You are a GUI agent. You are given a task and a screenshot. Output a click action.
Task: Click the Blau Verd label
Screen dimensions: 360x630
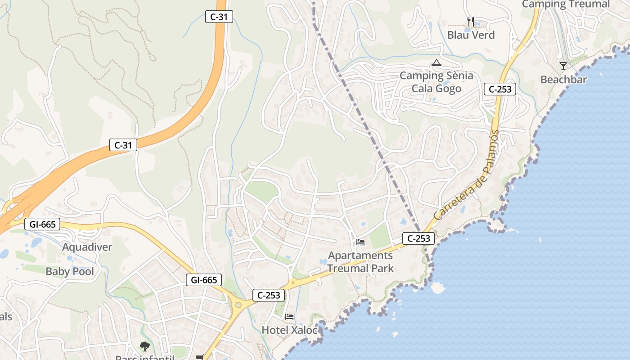pos(471,35)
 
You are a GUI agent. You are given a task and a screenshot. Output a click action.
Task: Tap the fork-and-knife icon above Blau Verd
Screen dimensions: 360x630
pos(471,21)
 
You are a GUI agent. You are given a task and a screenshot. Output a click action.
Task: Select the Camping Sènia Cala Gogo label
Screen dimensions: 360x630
pos(436,82)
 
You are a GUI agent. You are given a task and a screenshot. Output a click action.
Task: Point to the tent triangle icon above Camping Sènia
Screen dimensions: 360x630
pos(436,63)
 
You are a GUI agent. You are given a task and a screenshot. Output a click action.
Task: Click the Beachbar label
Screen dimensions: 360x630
pos(563,80)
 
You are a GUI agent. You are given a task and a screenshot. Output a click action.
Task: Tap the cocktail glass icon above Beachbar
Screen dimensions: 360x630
pos(563,66)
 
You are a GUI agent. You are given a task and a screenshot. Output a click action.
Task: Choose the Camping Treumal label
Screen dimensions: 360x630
pos(566,4)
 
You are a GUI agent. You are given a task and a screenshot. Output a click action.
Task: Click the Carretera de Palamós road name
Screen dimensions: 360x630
pos(468,175)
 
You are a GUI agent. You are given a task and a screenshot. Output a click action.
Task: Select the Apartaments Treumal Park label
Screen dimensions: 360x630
pos(360,262)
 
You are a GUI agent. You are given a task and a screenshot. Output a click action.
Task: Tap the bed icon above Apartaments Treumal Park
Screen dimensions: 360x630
pos(360,242)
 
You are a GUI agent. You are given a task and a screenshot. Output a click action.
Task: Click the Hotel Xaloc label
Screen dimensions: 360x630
pos(289,330)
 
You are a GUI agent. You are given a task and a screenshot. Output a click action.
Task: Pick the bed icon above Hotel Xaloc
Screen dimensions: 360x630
pos(289,317)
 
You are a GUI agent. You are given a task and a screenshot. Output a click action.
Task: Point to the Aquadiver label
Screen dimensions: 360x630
pos(87,247)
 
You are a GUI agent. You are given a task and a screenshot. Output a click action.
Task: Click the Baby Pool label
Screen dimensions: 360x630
pos(70,271)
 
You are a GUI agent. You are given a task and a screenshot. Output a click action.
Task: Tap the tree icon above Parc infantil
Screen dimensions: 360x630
pos(144,346)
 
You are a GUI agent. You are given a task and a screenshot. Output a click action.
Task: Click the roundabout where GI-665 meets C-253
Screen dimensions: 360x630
pos(238,305)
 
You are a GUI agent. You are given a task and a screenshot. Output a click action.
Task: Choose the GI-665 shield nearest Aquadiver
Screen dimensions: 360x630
pos(42,224)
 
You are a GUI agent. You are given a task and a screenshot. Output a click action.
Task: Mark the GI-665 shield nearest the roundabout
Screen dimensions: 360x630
pos(204,280)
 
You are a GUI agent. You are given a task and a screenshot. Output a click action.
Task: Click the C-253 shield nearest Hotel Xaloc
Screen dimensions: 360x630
pos(269,295)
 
